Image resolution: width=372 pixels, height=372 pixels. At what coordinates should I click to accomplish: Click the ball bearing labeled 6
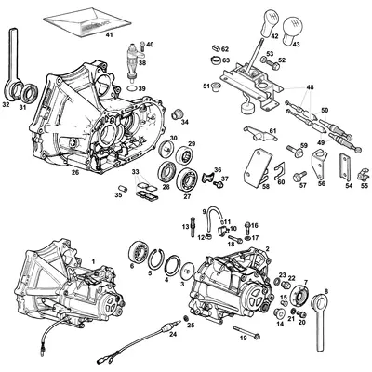(x=136, y=252)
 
